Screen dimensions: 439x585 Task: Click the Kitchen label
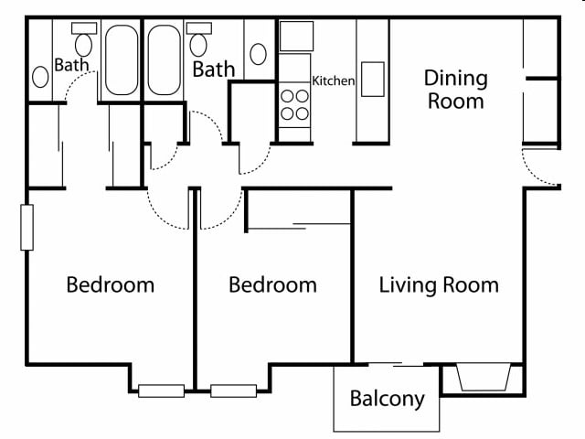point(334,81)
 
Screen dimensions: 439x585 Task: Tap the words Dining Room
point(457,90)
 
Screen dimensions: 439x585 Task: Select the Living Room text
point(439,284)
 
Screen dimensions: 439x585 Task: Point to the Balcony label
point(388,399)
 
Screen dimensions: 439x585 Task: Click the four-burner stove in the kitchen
point(294,103)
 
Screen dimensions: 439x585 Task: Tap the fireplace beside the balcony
point(482,377)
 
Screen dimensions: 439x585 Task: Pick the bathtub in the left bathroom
point(121,60)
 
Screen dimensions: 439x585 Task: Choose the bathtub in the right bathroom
point(165,60)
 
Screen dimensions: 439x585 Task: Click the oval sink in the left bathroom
point(41,77)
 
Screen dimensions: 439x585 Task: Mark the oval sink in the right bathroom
point(258,53)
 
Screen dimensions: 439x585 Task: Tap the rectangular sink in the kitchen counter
point(372,79)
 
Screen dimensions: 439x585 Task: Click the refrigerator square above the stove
point(296,36)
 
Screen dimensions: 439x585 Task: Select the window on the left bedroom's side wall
point(27,228)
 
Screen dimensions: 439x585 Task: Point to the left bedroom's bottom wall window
point(162,391)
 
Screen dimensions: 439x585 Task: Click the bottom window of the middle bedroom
point(233,391)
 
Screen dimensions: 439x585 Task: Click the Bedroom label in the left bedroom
point(110,284)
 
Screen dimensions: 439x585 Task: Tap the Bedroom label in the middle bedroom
point(272,284)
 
